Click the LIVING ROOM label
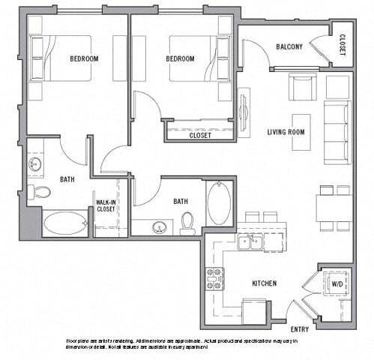coord(286,132)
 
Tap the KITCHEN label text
coord(265,283)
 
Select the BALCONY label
coord(289,46)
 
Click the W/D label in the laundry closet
coord(337,283)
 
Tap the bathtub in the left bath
coord(64,223)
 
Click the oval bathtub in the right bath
coord(219,202)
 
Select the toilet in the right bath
coord(187,222)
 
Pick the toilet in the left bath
coord(42,193)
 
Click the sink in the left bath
coord(35,164)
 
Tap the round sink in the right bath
coord(159,226)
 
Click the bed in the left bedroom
coord(60,58)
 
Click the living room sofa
coord(337,133)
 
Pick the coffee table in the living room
coord(301,132)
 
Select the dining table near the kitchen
coord(334,208)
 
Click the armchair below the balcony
coord(302,87)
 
